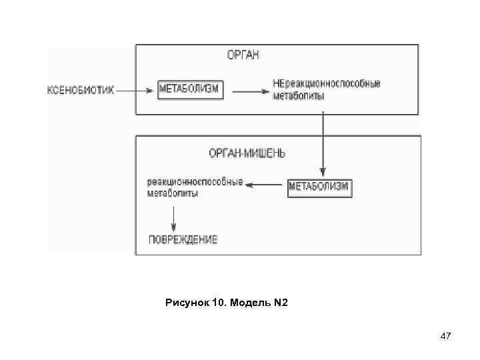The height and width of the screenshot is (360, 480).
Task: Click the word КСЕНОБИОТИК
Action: [80, 89]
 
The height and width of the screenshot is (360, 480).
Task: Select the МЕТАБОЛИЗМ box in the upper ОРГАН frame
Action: [190, 89]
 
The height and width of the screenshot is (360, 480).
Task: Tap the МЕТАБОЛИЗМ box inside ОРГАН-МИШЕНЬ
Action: [319, 187]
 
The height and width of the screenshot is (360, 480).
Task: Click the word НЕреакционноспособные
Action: [327, 84]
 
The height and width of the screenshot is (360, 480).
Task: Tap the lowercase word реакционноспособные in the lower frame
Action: [195, 182]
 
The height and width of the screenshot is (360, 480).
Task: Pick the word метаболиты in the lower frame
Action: [172, 193]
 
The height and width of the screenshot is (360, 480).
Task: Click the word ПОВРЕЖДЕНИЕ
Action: [182, 239]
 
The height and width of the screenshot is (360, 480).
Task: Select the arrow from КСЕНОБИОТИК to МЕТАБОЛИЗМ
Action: [137, 89]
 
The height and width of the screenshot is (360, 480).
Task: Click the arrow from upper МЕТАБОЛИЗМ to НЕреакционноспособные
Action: [247, 90]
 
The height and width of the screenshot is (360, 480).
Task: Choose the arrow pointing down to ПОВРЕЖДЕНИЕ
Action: [173, 217]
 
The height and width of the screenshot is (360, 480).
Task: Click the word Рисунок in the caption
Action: [187, 304]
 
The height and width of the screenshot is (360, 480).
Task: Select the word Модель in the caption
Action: [251, 304]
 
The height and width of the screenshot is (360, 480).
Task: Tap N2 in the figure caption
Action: [280, 304]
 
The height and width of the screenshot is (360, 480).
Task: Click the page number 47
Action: [446, 338]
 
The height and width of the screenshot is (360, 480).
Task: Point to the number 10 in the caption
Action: [219, 304]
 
